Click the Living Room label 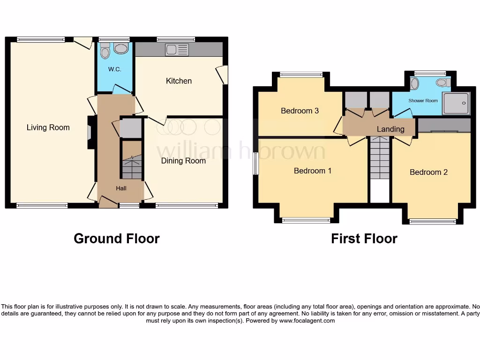tap(48, 127)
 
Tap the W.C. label tap(114, 69)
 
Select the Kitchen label tap(179, 81)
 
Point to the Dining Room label tap(183, 161)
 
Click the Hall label tap(121, 188)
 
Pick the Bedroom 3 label tap(300, 111)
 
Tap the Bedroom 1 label tap(313, 171)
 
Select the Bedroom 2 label tap(428, 172)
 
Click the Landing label tap(390, 129)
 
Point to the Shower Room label tap(423, 101)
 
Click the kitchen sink tap(177, 50)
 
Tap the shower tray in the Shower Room tap(456, 103)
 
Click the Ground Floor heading tap(117, 239)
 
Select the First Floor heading tap(364, 239)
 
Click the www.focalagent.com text tap(307, 321)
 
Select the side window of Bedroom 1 tap(255, 164)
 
